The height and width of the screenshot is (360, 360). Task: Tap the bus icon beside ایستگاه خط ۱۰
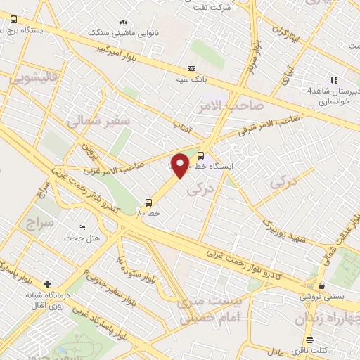click(202, 155)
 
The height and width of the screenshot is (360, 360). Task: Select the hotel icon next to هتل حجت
click(82, 228)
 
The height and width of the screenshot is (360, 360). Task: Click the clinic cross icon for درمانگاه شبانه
click(47, 285)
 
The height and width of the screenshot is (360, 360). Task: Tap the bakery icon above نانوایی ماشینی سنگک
click(124, 22)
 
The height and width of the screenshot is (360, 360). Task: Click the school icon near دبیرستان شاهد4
click(333, 80)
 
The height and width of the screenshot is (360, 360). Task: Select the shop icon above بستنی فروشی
click(322, 285)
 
